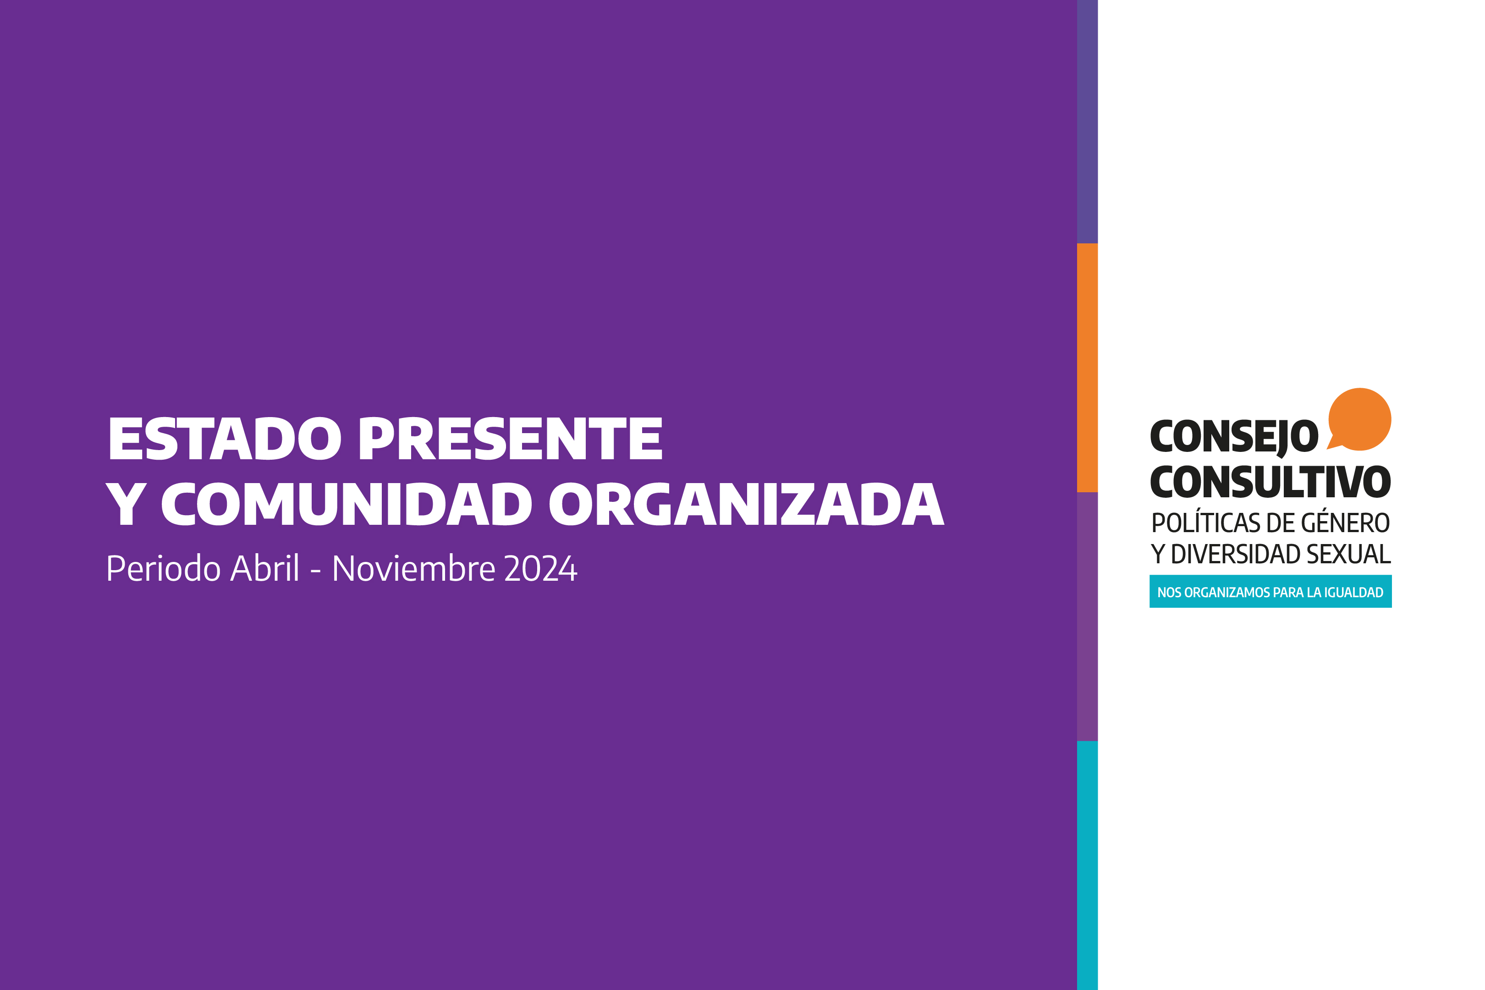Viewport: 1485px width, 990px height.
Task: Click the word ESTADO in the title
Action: [225, 438]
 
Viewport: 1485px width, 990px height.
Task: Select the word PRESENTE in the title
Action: [511, 438]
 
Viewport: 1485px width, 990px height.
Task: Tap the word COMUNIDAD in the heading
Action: [346, 504]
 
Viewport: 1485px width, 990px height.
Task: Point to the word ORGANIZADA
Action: [747, 504]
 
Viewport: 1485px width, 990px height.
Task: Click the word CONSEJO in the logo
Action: [1234, 437]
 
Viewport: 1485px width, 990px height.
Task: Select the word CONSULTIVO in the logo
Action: [1270, 482]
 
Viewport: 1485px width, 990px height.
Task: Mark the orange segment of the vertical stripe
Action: [1087, 368]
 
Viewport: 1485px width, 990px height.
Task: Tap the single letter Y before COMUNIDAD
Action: [126, 504]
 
